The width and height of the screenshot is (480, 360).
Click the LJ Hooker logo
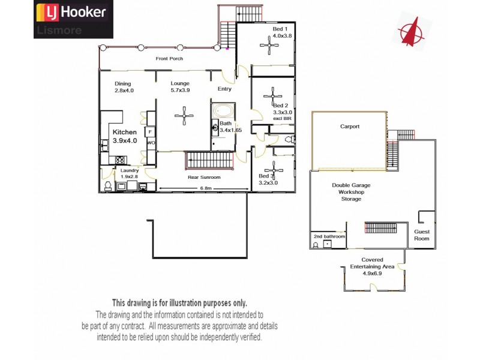tap(72, 12)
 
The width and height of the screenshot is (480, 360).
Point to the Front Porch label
tap(169, 59)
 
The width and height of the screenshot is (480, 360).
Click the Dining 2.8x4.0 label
tap(124, 87)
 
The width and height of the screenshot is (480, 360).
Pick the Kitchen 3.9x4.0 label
tap(125, 136)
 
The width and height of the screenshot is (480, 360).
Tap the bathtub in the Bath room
tap(221, 111)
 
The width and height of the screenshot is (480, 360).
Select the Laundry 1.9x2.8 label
tap(130, 173)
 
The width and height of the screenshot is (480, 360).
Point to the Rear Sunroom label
tap(204, 178)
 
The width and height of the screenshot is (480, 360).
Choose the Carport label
tap(350, 127)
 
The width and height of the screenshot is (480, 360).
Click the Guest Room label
tap(422, 235)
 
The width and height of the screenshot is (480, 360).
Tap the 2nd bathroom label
tap(329, 236)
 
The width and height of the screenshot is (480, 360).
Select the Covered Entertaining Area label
tap(372, 266)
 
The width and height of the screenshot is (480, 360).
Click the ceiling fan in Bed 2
tap(273, 95)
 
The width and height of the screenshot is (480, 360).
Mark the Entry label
tap(224, 89)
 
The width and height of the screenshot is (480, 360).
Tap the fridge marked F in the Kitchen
tap(150, 131)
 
